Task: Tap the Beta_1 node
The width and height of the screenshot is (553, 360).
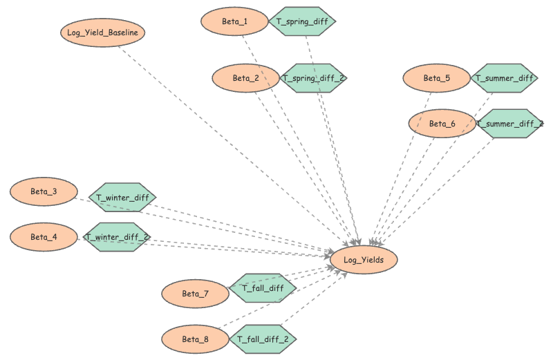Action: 234,22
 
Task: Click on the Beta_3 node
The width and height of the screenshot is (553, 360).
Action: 44,191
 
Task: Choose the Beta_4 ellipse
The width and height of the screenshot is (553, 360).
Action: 44,237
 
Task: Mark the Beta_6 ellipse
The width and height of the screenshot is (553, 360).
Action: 442,124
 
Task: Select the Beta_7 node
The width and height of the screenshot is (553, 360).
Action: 195,294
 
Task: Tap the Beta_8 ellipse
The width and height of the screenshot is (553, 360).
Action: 195,339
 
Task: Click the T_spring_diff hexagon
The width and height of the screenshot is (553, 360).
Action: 302,22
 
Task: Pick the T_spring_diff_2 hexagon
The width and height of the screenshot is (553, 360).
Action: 313,78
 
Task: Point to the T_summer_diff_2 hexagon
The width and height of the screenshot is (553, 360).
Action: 510,124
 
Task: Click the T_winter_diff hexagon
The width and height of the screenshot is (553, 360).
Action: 122,198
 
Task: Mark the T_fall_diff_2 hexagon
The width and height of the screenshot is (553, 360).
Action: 263,339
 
